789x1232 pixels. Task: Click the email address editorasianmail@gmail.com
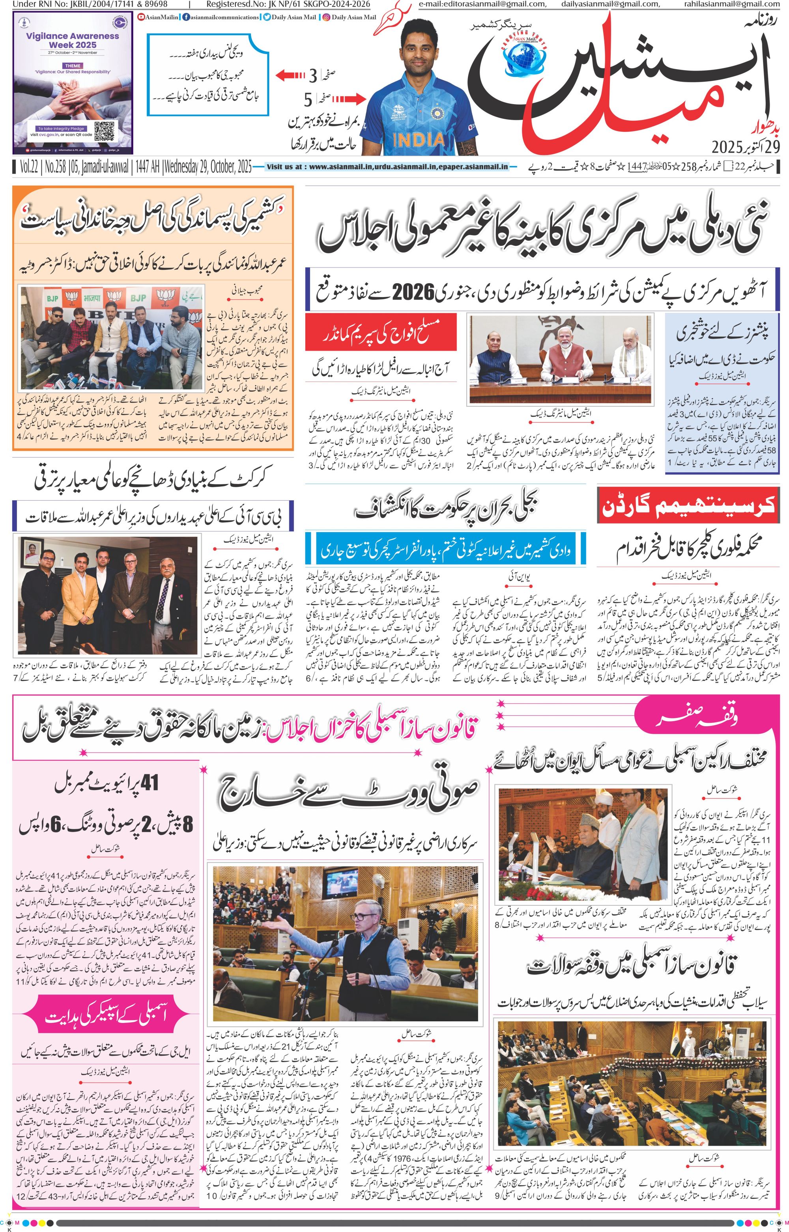point(482,4)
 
